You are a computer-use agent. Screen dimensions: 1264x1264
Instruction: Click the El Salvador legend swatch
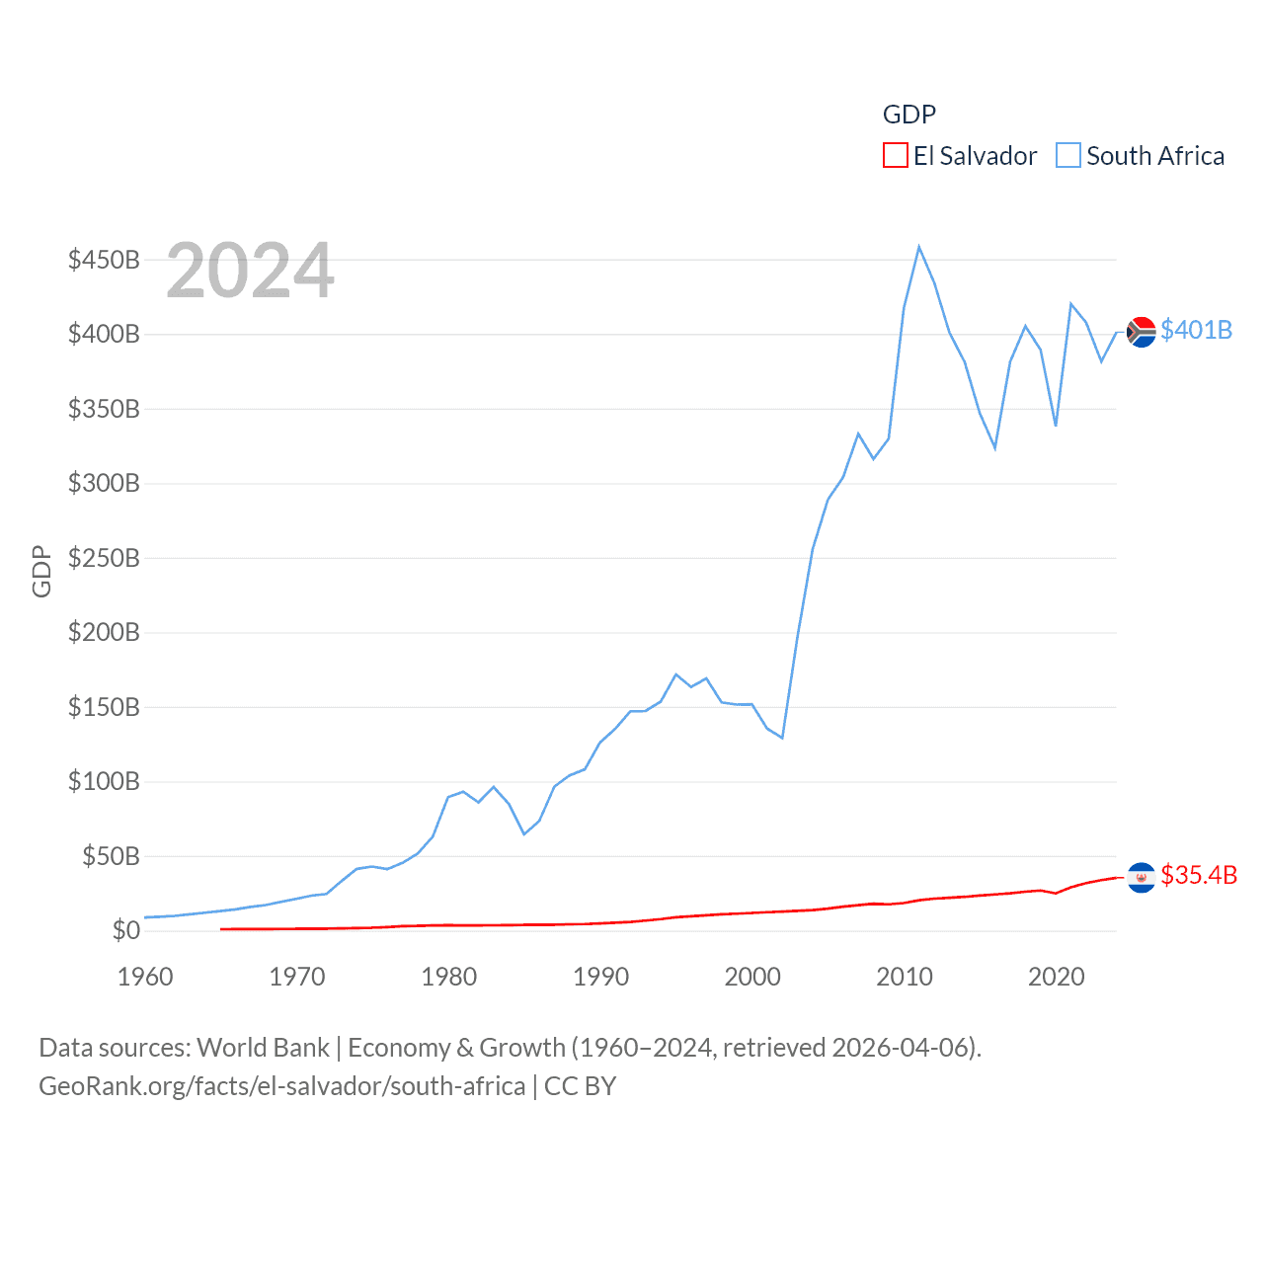895,156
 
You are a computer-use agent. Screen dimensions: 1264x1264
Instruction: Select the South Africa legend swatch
1068,156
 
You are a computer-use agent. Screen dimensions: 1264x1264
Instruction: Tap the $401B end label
1196,330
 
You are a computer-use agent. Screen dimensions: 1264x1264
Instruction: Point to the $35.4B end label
1199,875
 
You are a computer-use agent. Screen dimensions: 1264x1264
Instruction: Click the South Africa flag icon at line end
1142,332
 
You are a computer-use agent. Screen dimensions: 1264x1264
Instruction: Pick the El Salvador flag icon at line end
1142,877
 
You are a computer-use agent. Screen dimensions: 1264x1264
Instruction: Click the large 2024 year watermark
250,271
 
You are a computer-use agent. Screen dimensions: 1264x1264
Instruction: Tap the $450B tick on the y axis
104,260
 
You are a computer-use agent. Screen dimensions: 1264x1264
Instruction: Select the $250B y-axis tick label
104,558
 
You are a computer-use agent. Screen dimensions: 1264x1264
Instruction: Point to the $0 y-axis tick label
125,930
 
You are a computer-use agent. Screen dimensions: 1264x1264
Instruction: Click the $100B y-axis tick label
104,781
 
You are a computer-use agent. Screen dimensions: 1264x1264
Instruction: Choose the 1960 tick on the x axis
145,977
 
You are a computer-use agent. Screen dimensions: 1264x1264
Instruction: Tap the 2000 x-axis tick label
752,977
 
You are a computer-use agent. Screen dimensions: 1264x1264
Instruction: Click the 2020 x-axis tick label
1056,977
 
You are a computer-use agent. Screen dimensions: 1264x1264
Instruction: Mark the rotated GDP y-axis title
41,571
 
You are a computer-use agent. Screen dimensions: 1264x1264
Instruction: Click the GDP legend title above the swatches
908,115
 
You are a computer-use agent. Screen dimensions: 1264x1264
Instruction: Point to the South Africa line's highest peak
918,247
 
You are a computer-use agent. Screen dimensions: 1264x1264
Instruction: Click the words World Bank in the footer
263,1047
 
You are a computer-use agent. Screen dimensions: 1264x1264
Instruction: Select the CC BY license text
580,1086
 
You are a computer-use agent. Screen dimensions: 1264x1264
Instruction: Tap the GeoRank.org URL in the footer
281,1086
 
